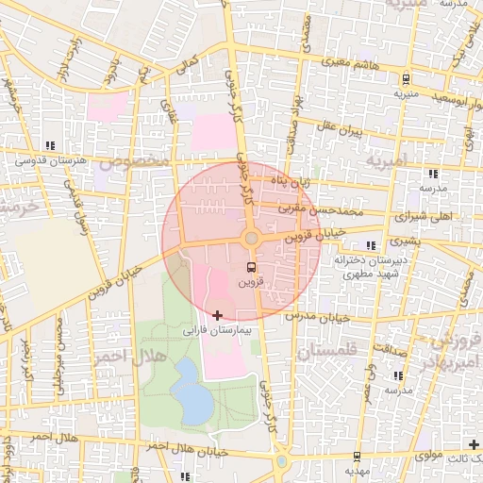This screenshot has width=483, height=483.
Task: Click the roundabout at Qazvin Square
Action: point(252,238)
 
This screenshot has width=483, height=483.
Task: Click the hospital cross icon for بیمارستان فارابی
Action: point(218,315)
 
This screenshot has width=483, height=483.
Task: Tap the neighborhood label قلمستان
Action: point(329,352)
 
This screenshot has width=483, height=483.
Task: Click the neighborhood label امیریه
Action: point(390,162)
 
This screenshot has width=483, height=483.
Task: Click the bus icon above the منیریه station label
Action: point(406,79)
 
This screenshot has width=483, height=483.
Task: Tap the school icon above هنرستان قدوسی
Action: point(50,145)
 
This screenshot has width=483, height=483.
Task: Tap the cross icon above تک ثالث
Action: point(474,443)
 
